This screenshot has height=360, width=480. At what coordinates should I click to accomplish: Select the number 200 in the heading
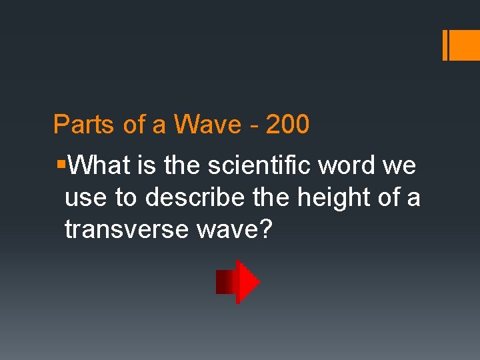[287, 125]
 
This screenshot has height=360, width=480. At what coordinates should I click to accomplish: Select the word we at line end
[399, 165]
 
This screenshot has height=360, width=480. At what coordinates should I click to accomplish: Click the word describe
[191, 197]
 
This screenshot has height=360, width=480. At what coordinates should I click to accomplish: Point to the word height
[327, 197]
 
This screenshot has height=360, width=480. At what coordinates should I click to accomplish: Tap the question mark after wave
[267, 229]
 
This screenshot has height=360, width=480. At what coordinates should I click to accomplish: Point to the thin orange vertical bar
[445, 45]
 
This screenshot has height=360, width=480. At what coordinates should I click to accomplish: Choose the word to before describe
[125, 197]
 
